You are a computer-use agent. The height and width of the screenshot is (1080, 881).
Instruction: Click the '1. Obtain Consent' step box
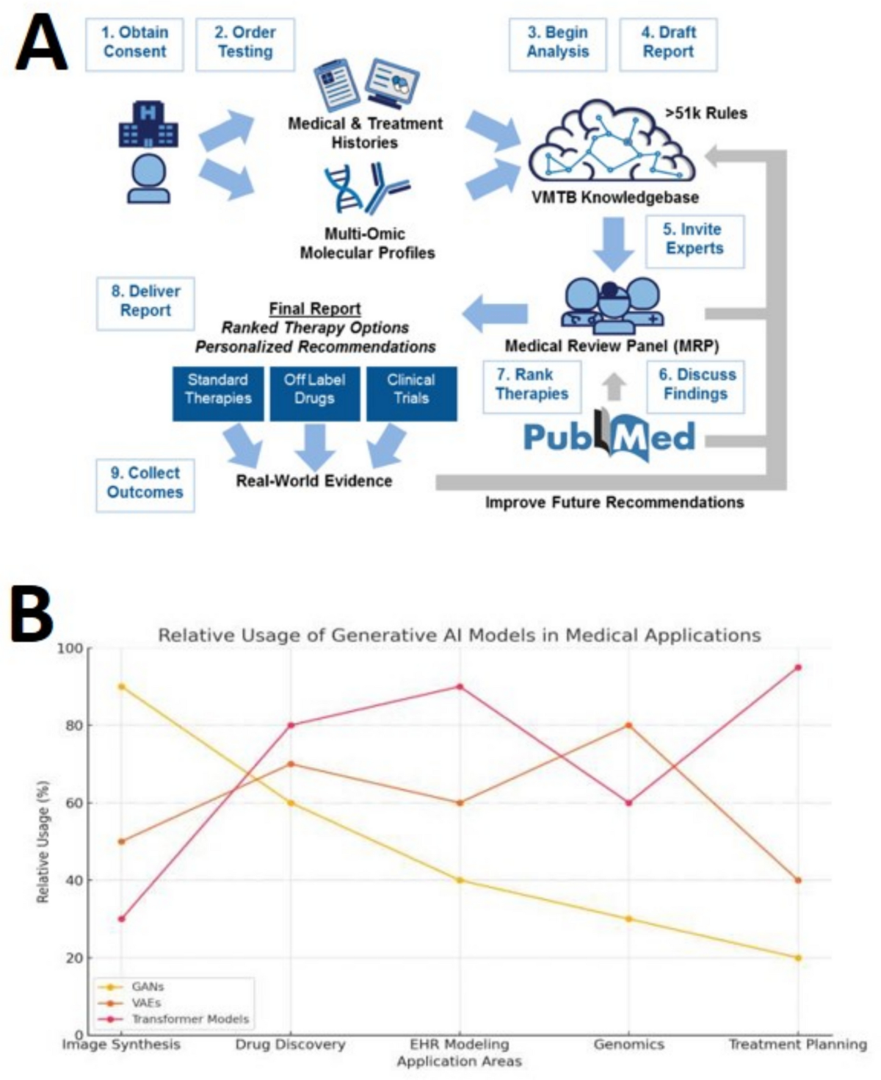(x=134, y=43)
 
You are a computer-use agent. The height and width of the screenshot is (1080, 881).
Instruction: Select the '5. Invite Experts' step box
(x=695, y=240)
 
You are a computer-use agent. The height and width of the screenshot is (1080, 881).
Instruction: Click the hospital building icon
(x=148, y=124)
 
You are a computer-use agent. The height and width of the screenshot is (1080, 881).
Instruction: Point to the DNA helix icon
(x=344, y=189)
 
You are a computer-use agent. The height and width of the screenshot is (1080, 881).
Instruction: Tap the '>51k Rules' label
(x=706, y=113)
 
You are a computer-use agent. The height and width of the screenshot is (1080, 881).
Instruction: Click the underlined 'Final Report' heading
(x=315, y=309)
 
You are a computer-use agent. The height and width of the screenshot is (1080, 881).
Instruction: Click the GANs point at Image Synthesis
(x=121, y=686)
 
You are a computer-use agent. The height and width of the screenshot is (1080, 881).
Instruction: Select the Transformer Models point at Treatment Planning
(x=798, y=667)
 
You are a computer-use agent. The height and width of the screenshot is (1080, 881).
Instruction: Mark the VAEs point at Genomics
(x=628, y=725)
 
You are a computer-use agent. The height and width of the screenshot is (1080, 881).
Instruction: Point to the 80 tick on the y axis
(x=75, y=725)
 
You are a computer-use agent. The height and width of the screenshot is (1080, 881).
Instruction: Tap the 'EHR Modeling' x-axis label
(x=460, y=1044)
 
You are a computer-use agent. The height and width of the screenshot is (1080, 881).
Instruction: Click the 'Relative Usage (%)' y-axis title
(x=43, y=841)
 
